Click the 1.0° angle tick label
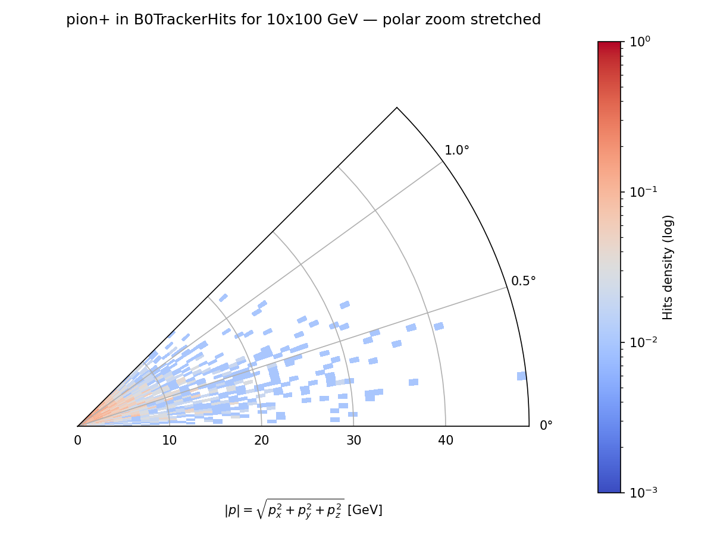coord(457,150)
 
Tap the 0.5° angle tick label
coord(524,281)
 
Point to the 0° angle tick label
coord(546,426)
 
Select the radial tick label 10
coord(169,440)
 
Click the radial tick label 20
coord(261,440)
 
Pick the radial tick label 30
coord(353,440)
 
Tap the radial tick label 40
coord(446,440)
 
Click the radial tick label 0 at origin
coord(77,440)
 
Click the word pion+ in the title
coord(84,20)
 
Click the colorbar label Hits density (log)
coord(668,267)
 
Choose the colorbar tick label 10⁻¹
coord(640,192)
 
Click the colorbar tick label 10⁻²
coord(640,342)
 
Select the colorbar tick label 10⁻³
coord(640,493)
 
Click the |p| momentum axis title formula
coord(284,509)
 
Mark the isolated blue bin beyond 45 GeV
coord(521,376)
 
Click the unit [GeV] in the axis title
coord(365,510)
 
